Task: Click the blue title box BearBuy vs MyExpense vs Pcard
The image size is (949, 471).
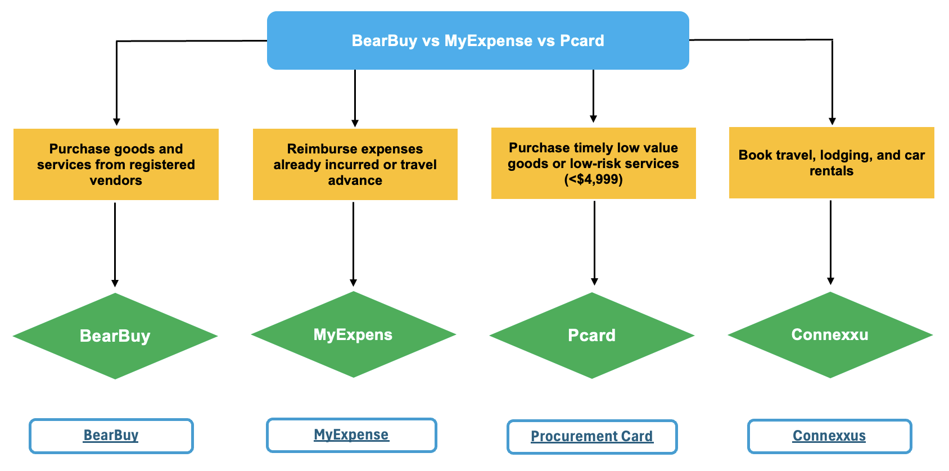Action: (x=478, y=40)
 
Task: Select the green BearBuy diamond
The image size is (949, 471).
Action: (x=115, y=336)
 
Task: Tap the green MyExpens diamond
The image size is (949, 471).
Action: (x=353, y=335)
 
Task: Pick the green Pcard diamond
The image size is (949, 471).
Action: (x=591, y=336)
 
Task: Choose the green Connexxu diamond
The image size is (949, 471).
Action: (x=830, y=335)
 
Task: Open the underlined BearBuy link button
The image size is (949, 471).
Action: (x=111, y=436)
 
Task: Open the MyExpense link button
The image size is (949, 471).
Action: (x=351, y=435)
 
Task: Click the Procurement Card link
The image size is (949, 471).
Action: (x=592, y=437)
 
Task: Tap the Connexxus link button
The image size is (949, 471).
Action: (x=829, y=436)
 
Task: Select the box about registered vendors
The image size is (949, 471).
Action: (x=116, y=164)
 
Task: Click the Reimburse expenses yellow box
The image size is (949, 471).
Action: (x=355, y=164)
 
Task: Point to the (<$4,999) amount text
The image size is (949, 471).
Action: (x=593, y=180)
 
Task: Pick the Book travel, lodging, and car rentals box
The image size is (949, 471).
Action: (x=831, y=162)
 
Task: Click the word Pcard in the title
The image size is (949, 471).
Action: (x=582, y=41)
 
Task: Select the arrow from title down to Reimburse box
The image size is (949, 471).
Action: (x=355, y=98)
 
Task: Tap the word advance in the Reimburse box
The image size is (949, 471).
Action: (x=355, y=180)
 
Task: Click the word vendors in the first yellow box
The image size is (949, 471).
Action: (x=116, y=180)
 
